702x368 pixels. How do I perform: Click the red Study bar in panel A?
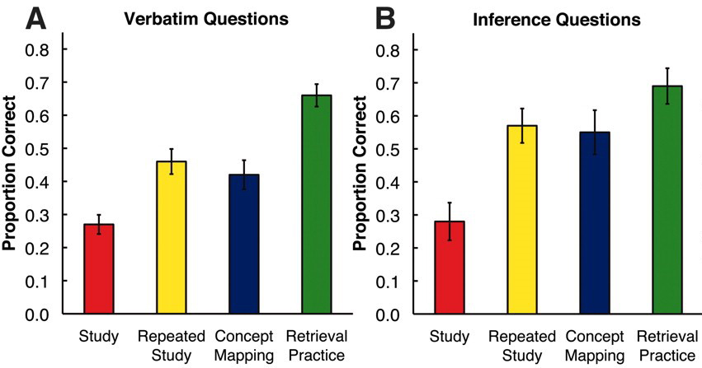click(x=99, y=269)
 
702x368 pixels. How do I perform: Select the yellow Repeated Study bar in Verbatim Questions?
click(x=171, y=238)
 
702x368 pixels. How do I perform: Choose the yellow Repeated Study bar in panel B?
click(x=522, y=220)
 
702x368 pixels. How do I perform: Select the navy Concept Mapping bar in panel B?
click(x=594, y=223)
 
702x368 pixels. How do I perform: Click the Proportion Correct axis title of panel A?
click(x=13, y=183)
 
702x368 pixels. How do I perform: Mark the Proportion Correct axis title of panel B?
click(x=361, y=183)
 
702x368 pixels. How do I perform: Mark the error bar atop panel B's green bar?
click(x=666, y=86)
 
